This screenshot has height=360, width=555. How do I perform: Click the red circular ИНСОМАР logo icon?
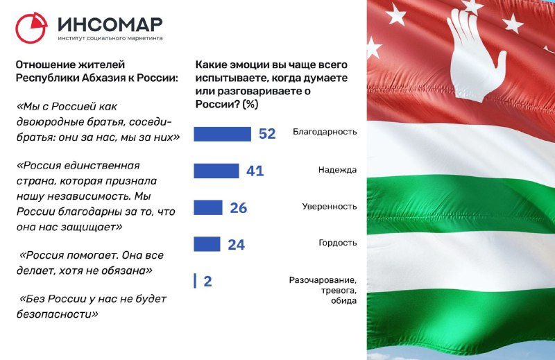coord(31,28)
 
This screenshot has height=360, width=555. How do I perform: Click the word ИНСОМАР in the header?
coord(110,24)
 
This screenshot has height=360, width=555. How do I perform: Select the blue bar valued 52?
coord(222,134)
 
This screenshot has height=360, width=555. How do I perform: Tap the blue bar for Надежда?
coord(216,171)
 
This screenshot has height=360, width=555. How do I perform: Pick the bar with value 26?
coord(207,208)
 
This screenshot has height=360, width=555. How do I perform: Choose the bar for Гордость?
coord(207,244)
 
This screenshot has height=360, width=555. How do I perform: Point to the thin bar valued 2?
coord(195,281)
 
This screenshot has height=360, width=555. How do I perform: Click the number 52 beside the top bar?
coord(267,134)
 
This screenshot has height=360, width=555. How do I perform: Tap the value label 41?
coord(255,171)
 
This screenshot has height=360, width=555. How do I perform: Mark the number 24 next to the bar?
coord(236,245)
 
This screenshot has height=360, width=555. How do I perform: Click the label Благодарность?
coord(325,132)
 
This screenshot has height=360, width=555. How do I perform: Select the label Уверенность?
coord(329,207)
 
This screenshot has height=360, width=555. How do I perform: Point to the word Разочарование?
coord(323,280)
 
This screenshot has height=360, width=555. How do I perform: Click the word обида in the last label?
coord(343,301)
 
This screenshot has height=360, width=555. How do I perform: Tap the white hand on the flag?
coord(475,54)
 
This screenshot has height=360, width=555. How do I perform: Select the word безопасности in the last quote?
coord(58,314)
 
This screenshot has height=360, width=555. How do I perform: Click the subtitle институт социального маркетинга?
coord(110,38)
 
